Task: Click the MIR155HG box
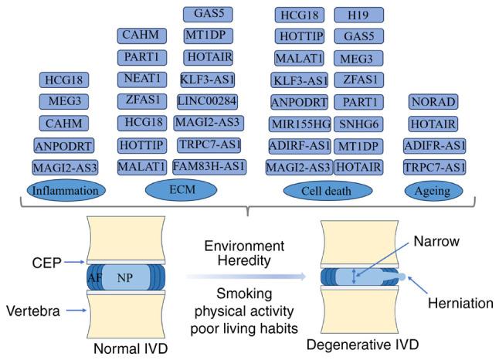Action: click(300, 123)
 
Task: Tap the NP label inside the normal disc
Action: click(124, 277)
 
